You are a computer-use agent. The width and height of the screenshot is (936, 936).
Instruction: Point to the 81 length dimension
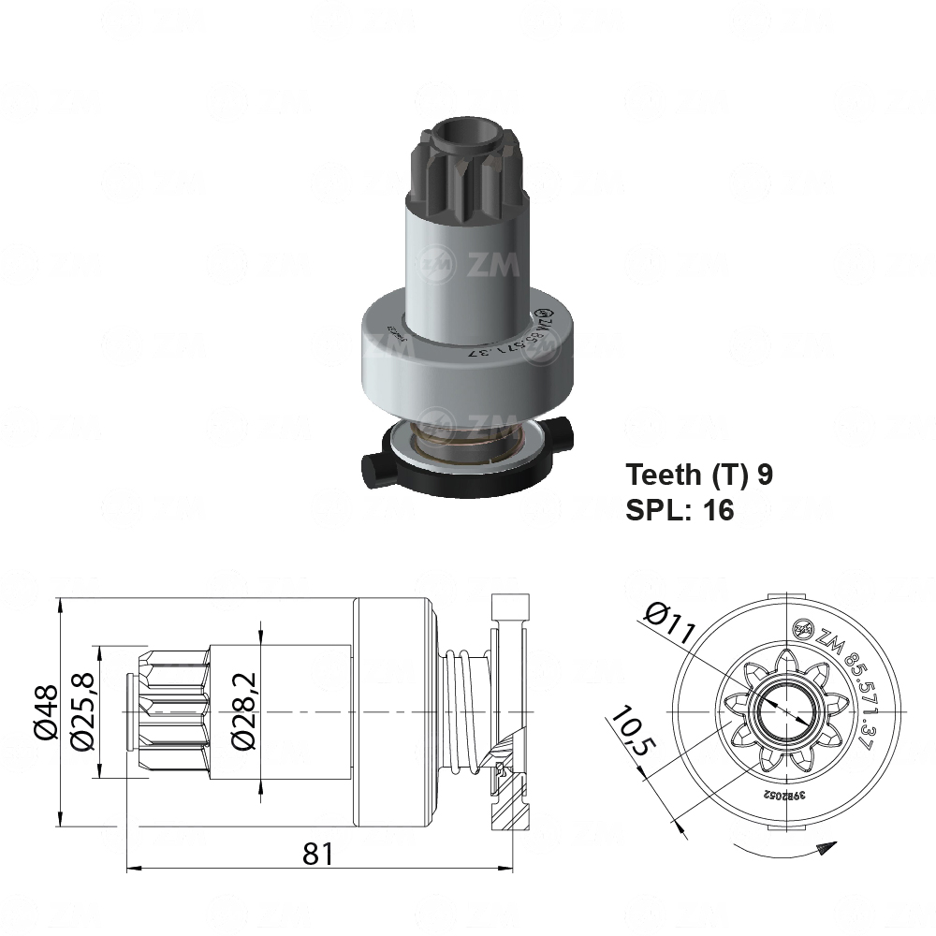(318, 853)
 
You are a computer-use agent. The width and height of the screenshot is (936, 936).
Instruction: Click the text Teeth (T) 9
(699, 475)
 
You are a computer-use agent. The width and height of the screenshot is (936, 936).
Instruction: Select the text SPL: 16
(680, 509)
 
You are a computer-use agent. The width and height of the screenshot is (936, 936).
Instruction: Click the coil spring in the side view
(463, 711)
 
